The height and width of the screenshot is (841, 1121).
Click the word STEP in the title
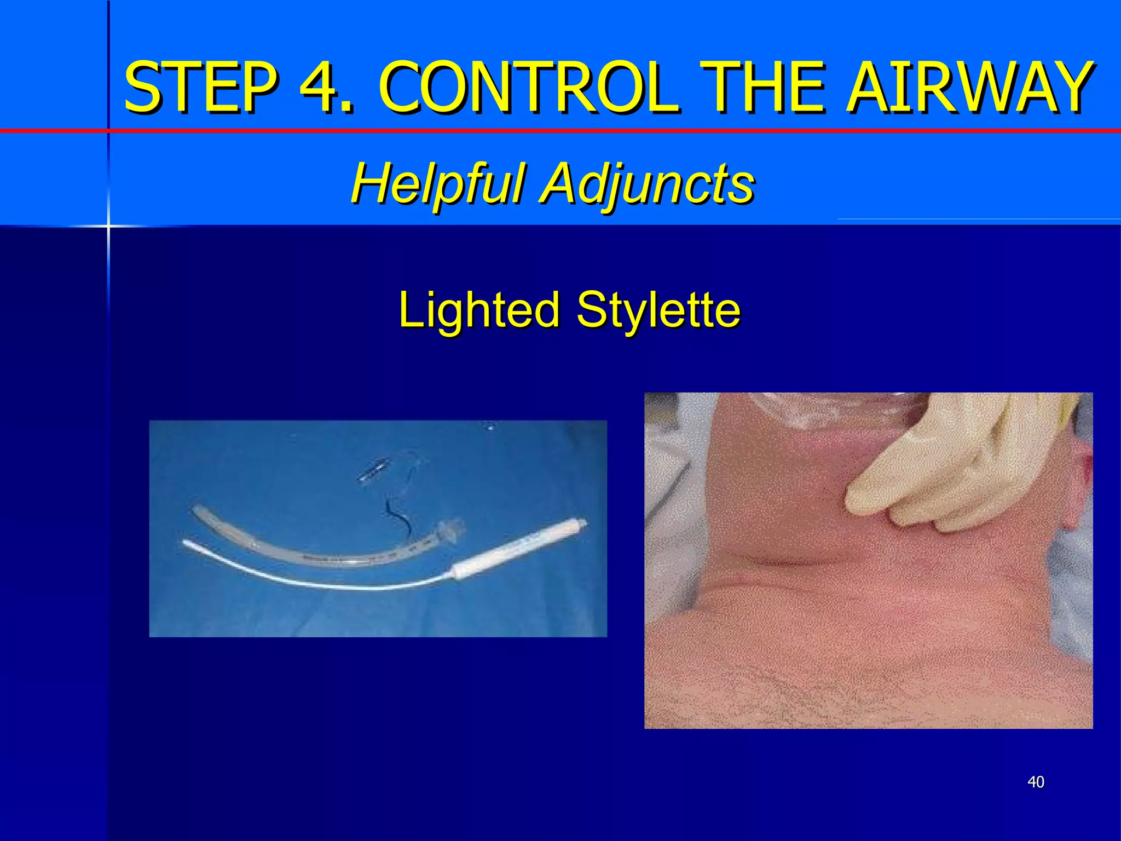click(x=200, y=88)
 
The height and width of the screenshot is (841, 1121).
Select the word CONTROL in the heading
click(x=528, y=88)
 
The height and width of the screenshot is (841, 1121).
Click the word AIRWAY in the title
click(x=969, y=88)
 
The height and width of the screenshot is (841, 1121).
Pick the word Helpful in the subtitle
click(x=437, y=183)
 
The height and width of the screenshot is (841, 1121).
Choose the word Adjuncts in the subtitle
click(x=648, y=184)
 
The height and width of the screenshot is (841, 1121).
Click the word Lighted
click(x=478, y=310)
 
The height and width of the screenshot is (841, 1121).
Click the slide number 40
click(x=1036, y=782)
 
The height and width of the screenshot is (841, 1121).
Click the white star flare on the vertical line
click(x=108, y=225)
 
